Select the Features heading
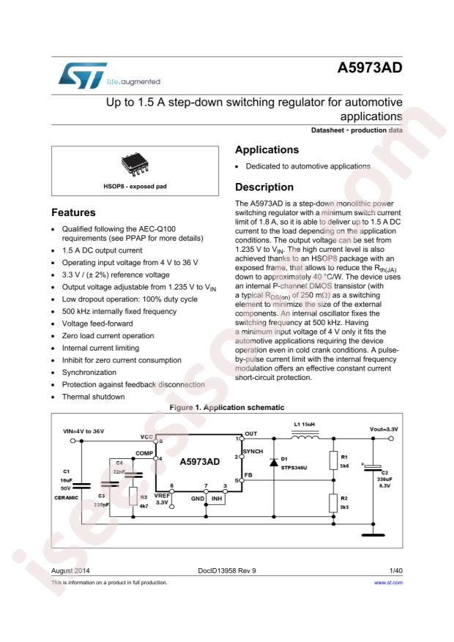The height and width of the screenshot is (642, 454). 73,213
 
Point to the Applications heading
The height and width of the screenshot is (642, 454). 267,150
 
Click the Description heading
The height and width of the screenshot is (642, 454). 264,187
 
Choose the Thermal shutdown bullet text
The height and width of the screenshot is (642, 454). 94,397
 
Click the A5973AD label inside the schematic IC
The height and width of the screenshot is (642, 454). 199,462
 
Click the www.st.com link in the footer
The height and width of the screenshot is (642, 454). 388,583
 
